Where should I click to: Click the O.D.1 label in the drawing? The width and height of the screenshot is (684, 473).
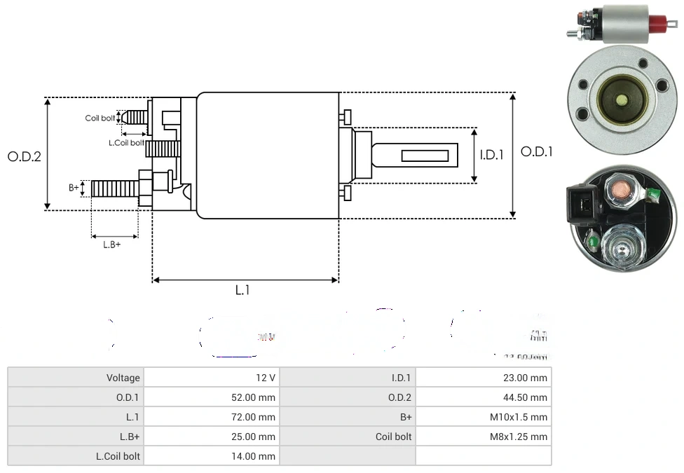point(537,151)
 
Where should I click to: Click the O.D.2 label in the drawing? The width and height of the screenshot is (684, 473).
point(25,156)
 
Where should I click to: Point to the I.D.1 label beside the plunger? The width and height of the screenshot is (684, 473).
point(491,155)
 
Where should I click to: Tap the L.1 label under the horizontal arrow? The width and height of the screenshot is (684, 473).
point(242,290)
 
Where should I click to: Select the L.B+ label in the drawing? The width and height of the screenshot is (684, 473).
point(112,245)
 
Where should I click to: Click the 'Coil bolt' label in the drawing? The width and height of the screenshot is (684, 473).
point(100,118)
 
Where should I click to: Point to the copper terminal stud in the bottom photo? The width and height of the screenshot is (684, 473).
point(621,193)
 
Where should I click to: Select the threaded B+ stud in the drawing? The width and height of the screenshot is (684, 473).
point(116,188)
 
